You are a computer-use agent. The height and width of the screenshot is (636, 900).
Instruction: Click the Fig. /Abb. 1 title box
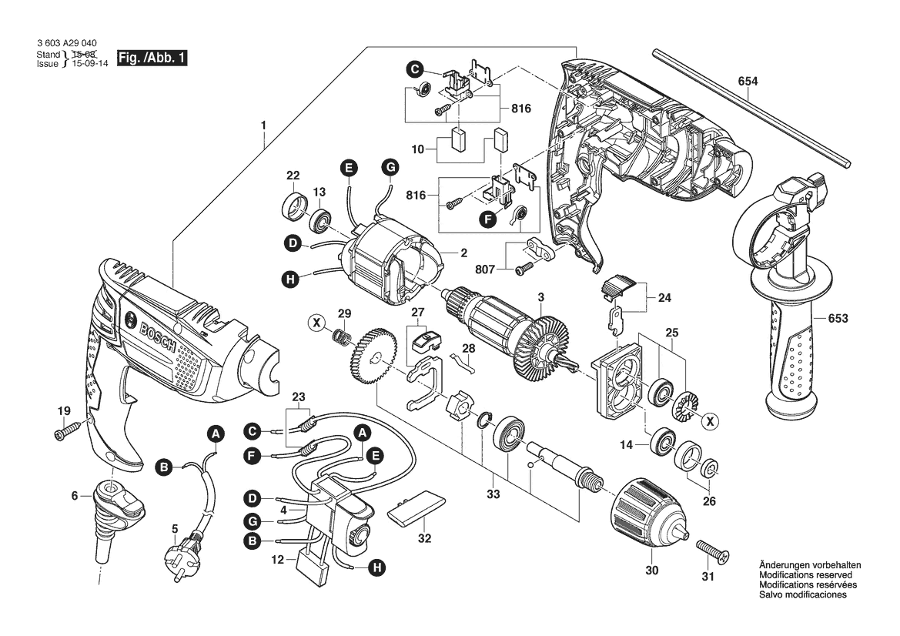[152, 58]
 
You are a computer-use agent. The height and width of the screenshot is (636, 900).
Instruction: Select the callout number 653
[840, 317]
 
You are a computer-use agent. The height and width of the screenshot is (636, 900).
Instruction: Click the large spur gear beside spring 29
[373, 355]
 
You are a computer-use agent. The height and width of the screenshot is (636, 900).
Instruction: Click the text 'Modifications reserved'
[805, 575]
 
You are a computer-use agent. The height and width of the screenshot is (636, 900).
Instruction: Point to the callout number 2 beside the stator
[464, 253]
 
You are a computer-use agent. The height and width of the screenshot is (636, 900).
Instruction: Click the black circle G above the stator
[390, 167]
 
